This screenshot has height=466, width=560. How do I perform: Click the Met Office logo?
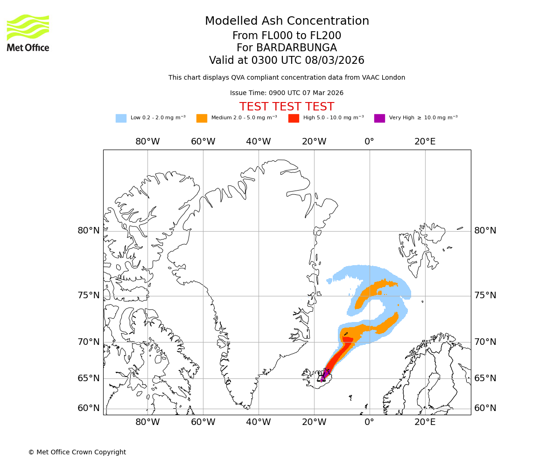coord(28,33)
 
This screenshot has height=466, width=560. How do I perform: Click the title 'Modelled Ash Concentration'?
coord(287,21)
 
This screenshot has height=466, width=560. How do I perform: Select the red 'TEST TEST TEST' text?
coord(287,107)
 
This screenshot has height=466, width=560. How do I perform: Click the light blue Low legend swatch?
coord(121,118)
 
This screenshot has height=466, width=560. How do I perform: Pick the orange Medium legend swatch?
coord(202,118)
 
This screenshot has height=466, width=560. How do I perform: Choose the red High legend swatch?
coord(294,118)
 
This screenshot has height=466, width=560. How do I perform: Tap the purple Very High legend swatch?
coord(379,118)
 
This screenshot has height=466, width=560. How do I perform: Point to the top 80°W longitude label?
coord(147,142)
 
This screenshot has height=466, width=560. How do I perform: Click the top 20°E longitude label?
coord(425,142)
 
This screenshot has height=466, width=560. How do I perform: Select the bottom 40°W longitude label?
coord(258,422)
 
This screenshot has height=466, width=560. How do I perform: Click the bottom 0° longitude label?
coord(369,422)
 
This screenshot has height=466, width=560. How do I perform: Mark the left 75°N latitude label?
coord(89,295)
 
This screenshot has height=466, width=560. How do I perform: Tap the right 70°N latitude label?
coord(485,342)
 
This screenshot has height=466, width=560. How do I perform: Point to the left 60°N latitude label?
coord(89,408)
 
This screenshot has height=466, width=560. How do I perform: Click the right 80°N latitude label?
coord(485,231)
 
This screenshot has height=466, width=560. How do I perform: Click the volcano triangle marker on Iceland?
coord(322,377)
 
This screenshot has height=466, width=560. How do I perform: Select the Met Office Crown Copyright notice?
coord(77,452)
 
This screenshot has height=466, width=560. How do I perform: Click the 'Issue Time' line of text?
coord(287,93)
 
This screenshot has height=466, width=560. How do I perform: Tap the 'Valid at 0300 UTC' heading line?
coord(287,61)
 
